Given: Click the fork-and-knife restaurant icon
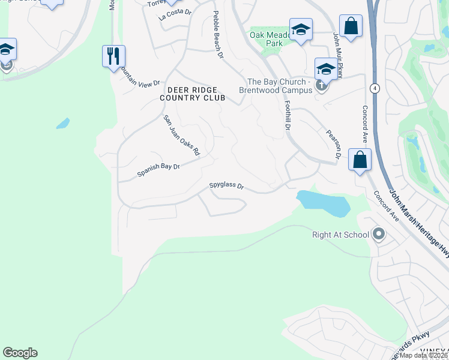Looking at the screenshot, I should pyautogui.click(x=113, y=56).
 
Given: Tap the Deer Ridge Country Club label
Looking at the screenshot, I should pyautogui.click(x=192, y=94).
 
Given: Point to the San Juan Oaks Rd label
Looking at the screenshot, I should pyautogui.click(x=181, y=136).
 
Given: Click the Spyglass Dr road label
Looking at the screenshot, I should pyautogui.click(x=226, y=186).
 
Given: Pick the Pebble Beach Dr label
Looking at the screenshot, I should pyautogui.click(x=217, y=35).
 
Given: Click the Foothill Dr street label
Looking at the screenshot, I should pyautogui.click(x=287, y=115).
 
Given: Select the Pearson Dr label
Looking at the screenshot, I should pyautogui.click(x=333, y=143).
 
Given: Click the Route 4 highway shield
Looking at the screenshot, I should pyautogui.click(x=375, y=88).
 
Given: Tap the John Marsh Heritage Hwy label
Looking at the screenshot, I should pyautogui.click(x=419, y=223).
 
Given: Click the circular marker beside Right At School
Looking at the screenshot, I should pyautogui.click(x=379, y=234).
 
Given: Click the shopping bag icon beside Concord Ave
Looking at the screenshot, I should pyautogui.click(x=360, y=160).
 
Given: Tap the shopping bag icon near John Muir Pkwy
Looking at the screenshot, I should pyautogui.click(x=351, y=26).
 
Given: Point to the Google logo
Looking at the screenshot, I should pyautogui.click(x=20, y=353).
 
